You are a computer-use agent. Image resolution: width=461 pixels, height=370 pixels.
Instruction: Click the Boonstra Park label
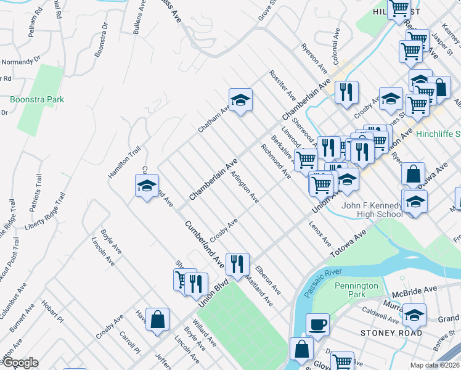tap(37, 99)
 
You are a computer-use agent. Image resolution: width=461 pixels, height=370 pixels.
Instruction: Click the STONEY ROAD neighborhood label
tap(392, 333)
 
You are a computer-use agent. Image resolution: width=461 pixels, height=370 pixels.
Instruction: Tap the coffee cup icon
tap(318, 324)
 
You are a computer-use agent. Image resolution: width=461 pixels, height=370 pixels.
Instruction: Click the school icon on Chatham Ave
tap(240, 99)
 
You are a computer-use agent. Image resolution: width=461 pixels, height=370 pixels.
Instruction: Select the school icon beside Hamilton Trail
tap(147, 186)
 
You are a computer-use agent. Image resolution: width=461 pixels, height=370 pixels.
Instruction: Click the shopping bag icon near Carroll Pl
tap(158, 319)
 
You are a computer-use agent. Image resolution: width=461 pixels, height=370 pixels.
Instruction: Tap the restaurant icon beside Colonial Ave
tap(347, 92)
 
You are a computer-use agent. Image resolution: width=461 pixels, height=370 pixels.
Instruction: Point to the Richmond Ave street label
tap(275, 162)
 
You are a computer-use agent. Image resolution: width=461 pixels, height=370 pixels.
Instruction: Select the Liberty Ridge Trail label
tap(44, 211)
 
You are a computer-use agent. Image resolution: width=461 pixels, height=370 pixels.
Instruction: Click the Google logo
tap(20, 363)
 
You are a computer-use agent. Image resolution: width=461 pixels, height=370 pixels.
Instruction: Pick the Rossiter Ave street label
tap(282, 85)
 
